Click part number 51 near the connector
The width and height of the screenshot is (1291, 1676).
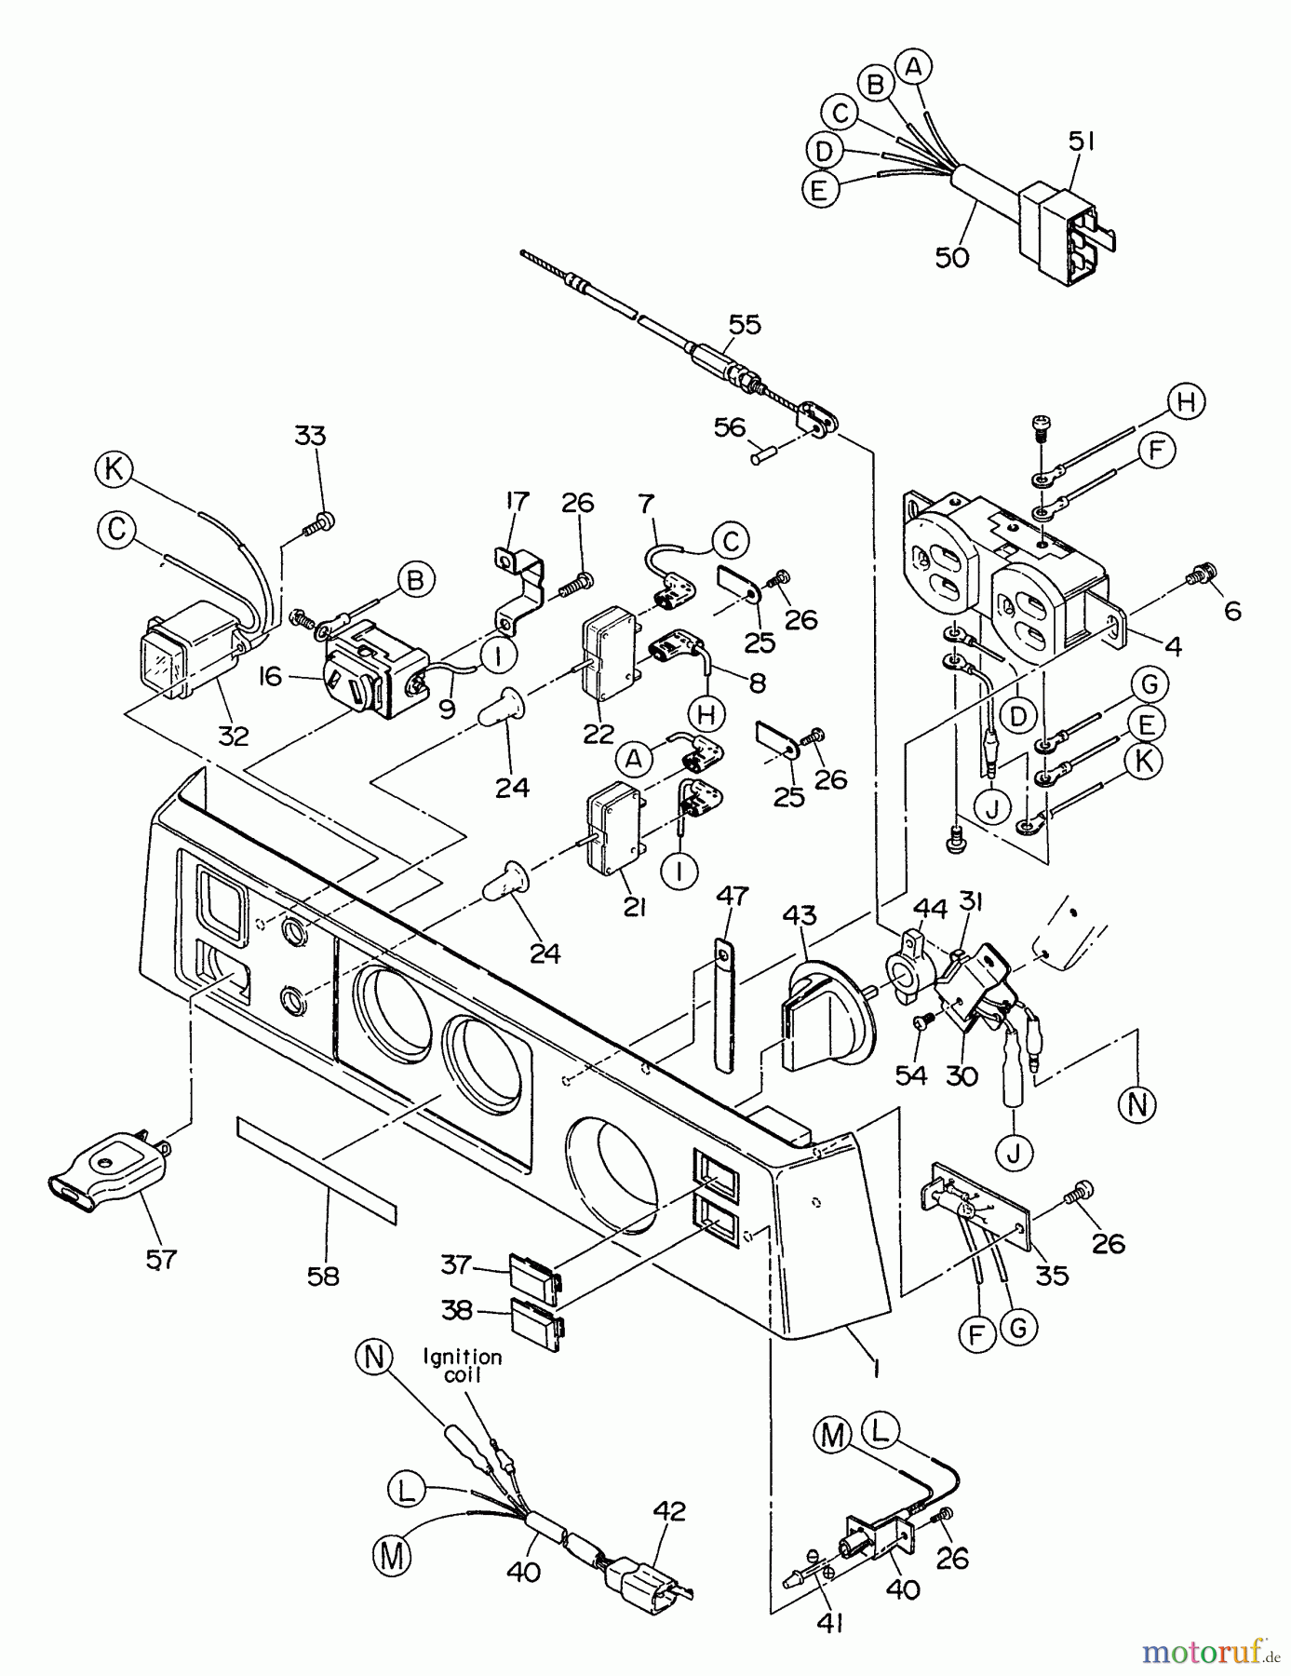click(x=1081, y=142)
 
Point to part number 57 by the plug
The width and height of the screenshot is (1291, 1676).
click(x=161, y=1259)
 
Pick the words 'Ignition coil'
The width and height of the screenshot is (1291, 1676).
click(x=463, y=1367)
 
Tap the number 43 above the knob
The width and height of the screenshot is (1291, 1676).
click(x=799, y=915)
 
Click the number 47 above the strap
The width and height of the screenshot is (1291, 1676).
click(x=733, y=897)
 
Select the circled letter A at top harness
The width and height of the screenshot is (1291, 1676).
click(x=914, y=65)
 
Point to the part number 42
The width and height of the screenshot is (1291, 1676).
click(x=669, y=1511)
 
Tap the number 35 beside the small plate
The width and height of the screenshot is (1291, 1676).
click(x=1052, y=1275)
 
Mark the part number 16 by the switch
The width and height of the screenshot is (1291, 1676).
click(x=270, y=677)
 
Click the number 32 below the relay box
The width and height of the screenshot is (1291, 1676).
click(x=233, y=735)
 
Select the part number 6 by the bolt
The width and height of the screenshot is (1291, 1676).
click(x=1232, y=611)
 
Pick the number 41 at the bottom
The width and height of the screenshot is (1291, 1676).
click(x=828, y=1623)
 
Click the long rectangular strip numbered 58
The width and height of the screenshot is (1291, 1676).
click(x=316, y=1169)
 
